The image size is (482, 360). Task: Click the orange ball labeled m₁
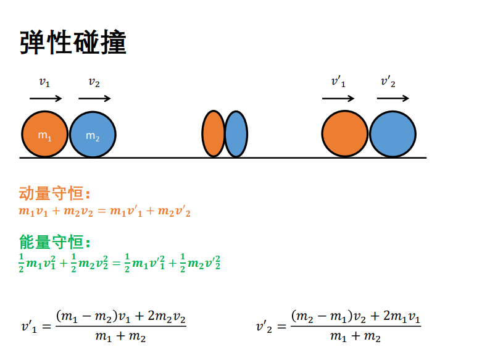click(45, 135)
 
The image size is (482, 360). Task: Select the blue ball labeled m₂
click(93, 135)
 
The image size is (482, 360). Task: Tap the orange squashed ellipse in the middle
click(214, 133)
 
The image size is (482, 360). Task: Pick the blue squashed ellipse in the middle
click(236, 133)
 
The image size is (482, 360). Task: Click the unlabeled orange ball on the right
click(345, 134)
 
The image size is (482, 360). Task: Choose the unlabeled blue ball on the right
click(393, 134)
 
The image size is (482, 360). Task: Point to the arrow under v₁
click(45, 98)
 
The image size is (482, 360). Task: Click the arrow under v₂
click(94, 98)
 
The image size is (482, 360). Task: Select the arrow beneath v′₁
click(338, 98)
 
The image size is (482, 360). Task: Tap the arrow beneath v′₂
click(393, 98)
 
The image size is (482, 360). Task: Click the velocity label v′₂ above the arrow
click(388, 82)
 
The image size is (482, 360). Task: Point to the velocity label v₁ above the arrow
click(44, 82)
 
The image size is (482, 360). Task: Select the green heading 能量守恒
click(54, 241)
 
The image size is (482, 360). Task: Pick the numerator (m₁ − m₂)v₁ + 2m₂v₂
click(121, 317)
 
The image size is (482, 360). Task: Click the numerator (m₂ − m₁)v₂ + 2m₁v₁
click(355, 317)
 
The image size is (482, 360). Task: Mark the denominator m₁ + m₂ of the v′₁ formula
click(121, 337)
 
